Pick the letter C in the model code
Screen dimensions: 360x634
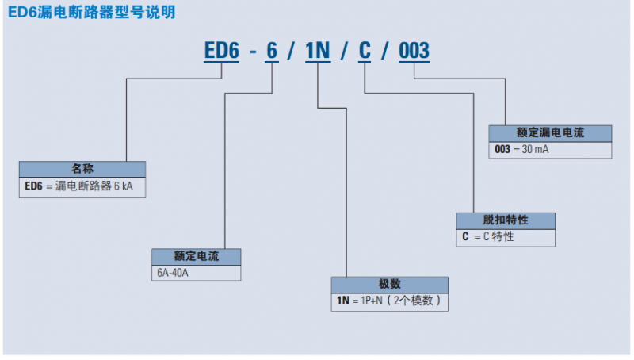click(x=365, y=52)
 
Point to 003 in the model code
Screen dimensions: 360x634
click(x=414, y=52)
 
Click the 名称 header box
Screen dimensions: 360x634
click(x=82, y=169)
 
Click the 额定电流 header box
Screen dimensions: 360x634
click(x=196, y=257)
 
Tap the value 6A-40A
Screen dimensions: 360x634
click(x=175, y=272)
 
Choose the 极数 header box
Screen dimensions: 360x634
click(x=389, y=285)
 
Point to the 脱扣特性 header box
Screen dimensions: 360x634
click(x=505, y=220)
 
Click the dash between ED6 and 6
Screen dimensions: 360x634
click(x=251, y=53)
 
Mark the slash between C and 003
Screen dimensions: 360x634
click(x=387, y=52)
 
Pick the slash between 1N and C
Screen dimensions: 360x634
click(x=342, y=52)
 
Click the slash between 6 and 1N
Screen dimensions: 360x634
click(x=292, y=52)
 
